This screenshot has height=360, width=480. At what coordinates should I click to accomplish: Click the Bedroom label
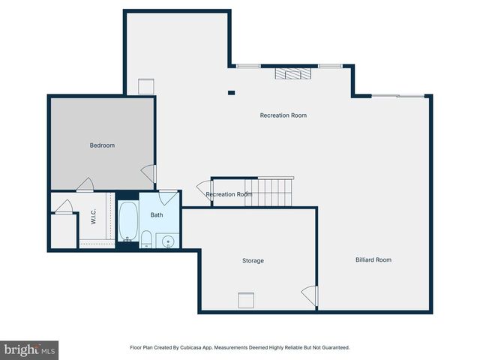pos(102,145)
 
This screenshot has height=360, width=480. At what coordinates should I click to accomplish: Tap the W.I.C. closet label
pos(94,217)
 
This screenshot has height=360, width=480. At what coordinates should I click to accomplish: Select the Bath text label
pos(157,215)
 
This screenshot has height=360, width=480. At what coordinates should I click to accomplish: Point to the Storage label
pos(253,261)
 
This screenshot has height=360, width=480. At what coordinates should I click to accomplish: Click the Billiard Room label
pos(373,260)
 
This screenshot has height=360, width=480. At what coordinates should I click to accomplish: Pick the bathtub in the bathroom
pos(128,220)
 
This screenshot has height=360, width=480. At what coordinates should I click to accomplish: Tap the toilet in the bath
pos(147,240)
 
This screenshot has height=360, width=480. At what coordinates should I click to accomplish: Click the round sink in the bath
pos(168,241)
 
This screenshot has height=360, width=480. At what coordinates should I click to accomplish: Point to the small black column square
pos(231,93)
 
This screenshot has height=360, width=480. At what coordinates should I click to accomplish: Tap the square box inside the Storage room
pos(247,300)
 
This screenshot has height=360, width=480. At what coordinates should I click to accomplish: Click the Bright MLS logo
pos(29,349)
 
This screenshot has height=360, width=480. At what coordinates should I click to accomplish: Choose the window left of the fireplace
pos(248,66)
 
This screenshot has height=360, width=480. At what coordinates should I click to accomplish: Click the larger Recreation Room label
pos(283,115)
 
